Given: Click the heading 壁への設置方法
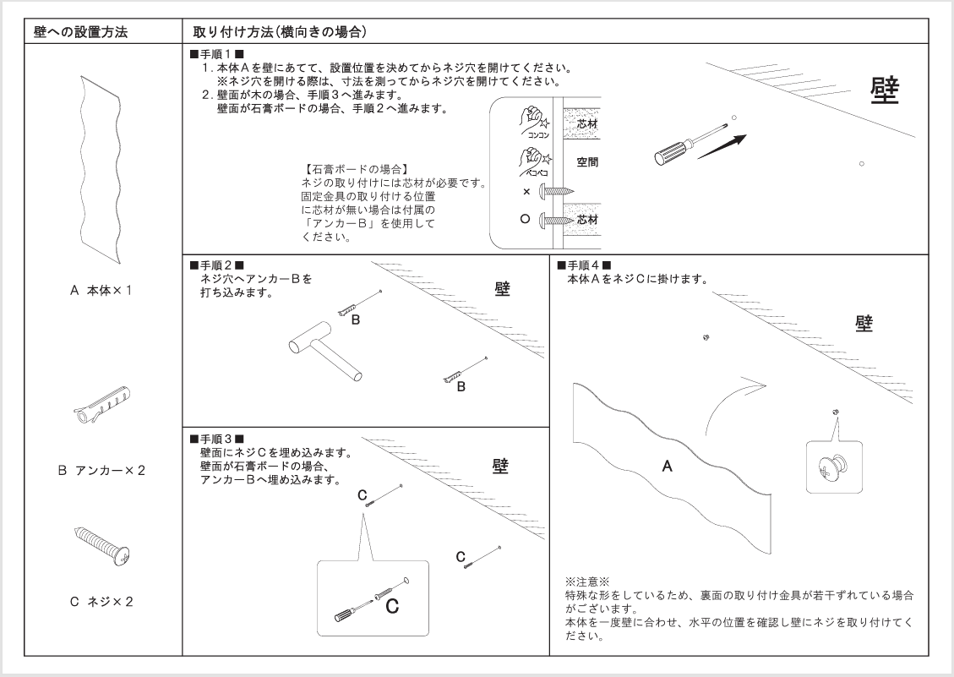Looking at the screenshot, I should tap(81, 33).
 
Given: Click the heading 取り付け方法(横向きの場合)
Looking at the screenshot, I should tap(279, 33).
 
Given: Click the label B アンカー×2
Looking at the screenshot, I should tap(104, 470).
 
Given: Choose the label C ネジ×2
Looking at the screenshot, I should tap(104, 602).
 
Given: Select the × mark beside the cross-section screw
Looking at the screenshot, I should tap(526, 192).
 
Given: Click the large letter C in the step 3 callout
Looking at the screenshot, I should tap(391, 605).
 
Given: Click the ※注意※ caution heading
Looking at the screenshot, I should tap(586, 582).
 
